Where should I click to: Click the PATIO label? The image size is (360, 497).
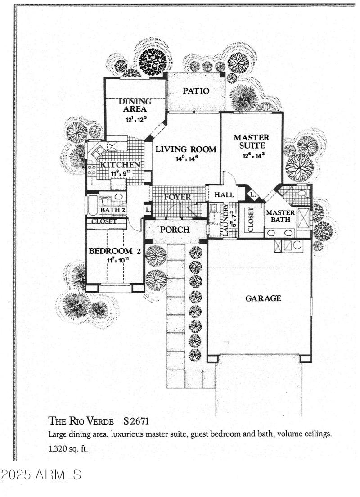point(196,91)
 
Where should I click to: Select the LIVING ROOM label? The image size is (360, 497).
point(186,149)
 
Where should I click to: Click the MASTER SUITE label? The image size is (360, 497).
point(252,141)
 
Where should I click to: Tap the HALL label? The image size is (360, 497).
point(224,194)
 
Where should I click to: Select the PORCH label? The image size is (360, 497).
point(175,230)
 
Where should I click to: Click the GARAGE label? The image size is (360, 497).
point(263,298)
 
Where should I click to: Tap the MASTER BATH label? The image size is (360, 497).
point(280,216)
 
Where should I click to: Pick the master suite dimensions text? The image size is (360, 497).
point(252,156)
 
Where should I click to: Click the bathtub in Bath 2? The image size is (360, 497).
point(92,205)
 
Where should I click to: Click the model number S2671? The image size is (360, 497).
point(136,422)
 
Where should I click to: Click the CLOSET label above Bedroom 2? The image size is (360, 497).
point(103,221)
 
